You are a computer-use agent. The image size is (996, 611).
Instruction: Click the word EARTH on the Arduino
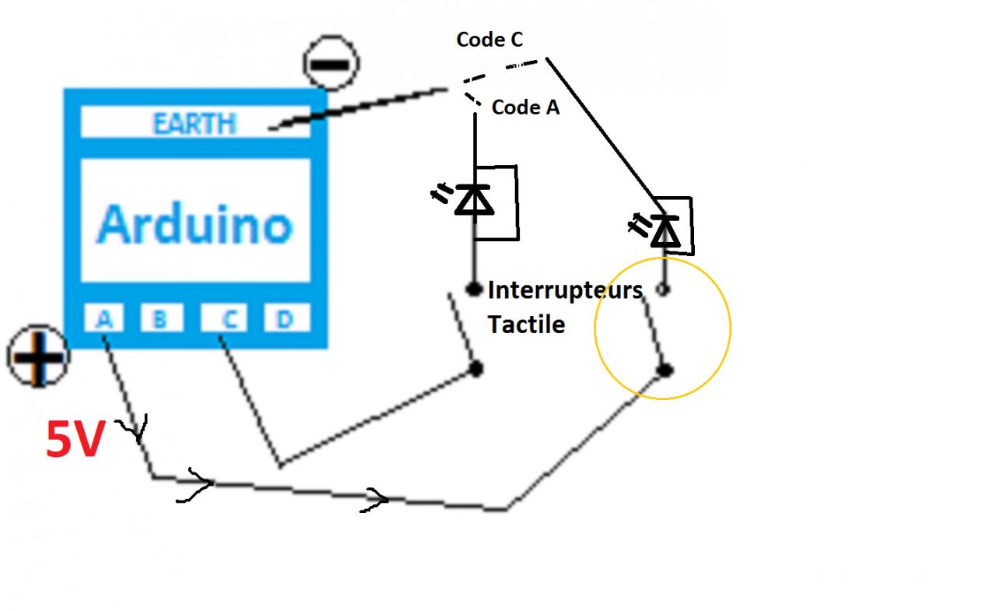click(195, 124)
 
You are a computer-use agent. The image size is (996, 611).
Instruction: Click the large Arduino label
click(195, 223)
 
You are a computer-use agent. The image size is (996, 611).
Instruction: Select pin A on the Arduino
click(104, 318)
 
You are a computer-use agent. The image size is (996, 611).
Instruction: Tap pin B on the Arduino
click(160, 318)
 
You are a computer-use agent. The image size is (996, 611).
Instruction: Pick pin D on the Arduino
click(286, 318)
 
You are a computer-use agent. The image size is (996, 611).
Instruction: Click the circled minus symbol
click(331, 63)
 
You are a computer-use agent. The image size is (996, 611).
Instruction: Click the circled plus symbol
click(37, 356)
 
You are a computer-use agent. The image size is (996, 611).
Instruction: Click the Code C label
click(489, 40)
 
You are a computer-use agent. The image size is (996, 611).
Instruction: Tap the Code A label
click(525, 107)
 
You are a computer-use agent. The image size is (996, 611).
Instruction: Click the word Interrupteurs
click(565, 291)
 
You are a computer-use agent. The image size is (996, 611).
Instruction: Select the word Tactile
click(526, 324)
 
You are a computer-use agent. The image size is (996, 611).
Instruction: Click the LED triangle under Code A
click(474, 200)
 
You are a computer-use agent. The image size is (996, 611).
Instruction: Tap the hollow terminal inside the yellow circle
click(663, 290)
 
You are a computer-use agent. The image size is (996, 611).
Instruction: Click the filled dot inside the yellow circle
click(665, 370)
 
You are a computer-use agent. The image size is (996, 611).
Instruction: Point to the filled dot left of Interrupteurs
click(474, 290)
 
